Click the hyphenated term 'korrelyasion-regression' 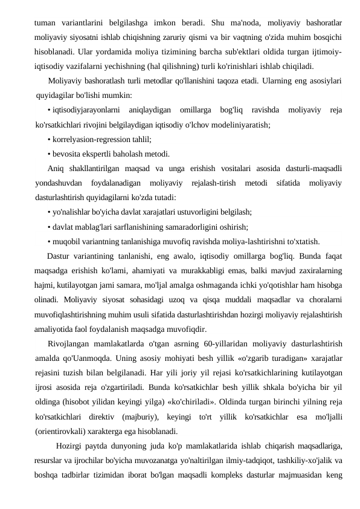coord(89,139)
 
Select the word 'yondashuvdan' coord(57,182)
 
